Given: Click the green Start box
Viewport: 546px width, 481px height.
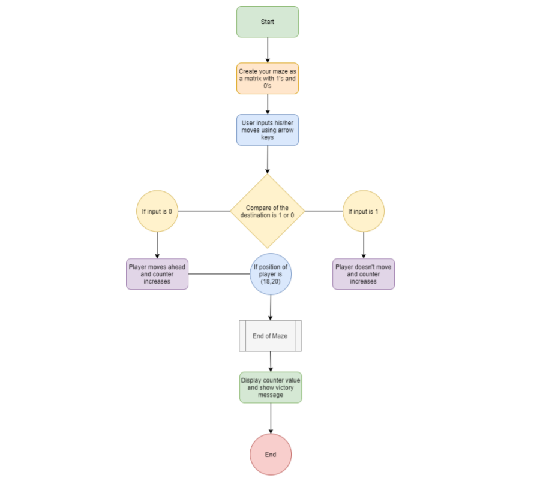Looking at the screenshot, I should pyautogui.click(x=267, y=22).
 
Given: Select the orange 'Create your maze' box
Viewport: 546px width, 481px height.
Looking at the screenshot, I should pyautogui.click(x=267, y=79).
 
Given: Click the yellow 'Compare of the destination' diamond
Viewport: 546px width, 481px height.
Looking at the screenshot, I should pyautogui.click(x=267, y=211).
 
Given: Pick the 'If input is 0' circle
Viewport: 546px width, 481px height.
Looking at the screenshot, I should pyautogui.click(x=157, y=211).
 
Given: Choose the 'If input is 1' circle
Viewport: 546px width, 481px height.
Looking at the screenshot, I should pyautogui.click(x=363, y=211).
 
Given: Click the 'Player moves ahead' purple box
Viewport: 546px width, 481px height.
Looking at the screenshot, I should pyautogui.click(x=157, y=273).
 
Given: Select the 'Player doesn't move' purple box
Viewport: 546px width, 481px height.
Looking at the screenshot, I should pyautogui.click(x=363, y=273).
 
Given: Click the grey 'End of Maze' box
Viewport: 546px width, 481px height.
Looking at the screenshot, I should pyautogui.click(x=270, y=336).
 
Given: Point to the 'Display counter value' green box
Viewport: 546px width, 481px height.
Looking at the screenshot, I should pyautogui.click(x=271, y=387).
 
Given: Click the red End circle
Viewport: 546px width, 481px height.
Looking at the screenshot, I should pyautogui.click(x=271, y=454).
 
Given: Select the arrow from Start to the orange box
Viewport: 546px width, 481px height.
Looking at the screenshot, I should pyautogui.click(x=267, y=50).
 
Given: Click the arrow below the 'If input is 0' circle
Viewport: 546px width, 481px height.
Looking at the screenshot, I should pyautogui.click(x=157, y=245).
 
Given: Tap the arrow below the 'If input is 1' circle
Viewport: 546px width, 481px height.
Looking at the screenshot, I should pyautogui.click(x=363, y=245).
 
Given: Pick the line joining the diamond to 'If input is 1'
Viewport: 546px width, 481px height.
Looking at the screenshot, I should pyautogui.click(x=324, y=211).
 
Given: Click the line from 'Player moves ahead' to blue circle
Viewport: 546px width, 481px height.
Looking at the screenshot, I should pyautogui.click(x=219, y=274).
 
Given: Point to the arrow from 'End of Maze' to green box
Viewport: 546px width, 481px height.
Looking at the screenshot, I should pyautogui.click(x=270, y=362).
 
